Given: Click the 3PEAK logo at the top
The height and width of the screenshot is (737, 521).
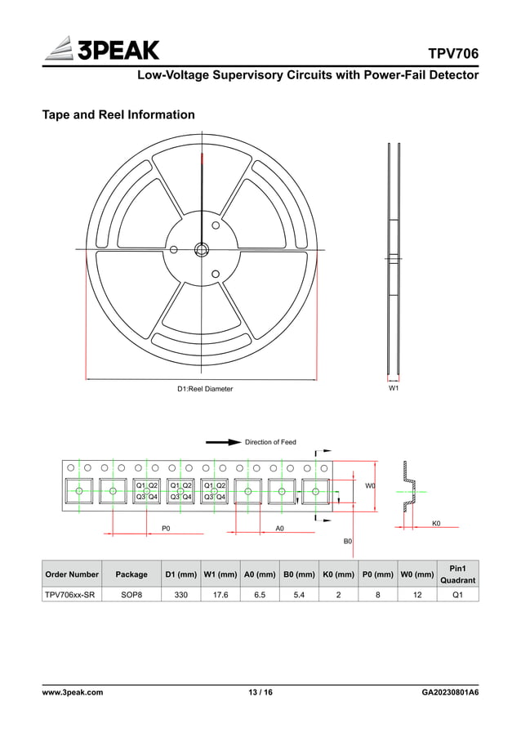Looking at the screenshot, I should coord(100,50).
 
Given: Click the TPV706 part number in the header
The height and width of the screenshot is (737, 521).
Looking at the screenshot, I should coord(453,54).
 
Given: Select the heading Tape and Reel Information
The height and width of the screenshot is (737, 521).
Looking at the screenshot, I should coord(118,114).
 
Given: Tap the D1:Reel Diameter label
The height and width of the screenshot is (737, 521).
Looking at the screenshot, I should coord(205,389).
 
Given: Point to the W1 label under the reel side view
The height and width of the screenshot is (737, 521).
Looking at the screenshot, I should coord(394,389).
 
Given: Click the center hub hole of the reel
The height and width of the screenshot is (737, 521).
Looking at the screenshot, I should coord(202,249).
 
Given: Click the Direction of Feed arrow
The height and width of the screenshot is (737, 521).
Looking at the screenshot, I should coord(223,442).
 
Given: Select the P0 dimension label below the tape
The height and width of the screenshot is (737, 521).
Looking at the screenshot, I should coord(166,529).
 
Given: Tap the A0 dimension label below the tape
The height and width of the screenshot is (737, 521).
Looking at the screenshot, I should coord(279,529).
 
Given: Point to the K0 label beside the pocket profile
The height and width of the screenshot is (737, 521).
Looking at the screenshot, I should coord(435,522).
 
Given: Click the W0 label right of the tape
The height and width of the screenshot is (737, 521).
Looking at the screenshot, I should coord(370,485).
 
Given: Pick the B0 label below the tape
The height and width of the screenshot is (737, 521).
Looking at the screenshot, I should coord(347,541).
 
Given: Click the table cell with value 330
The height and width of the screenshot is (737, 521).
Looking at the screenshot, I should coord(180,595).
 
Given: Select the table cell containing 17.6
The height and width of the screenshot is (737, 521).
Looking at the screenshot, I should coord(220,595).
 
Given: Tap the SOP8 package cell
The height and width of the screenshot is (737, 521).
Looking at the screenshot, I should coord(131,595).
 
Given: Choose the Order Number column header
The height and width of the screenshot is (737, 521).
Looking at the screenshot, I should coord(72,574).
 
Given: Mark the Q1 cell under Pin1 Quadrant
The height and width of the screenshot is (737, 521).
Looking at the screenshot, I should coord(457,595).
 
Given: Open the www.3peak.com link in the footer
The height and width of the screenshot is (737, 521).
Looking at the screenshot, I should coord(72,692).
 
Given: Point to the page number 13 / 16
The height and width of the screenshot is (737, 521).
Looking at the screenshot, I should coord(260,692).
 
